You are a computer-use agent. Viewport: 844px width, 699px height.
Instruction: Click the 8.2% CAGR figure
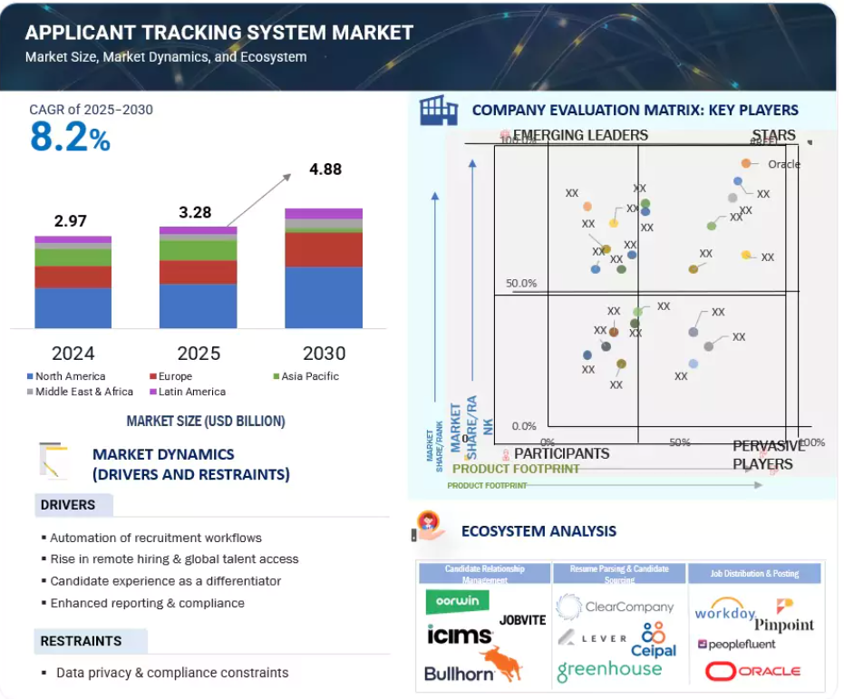pos(70,138)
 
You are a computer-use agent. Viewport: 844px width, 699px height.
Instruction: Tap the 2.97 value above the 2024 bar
pos(71,220)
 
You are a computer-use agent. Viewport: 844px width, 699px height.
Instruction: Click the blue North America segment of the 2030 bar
pos(324,297)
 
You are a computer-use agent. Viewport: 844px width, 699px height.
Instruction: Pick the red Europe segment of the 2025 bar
pos(198,272)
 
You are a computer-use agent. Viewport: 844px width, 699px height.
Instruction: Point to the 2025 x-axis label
pos(198,353)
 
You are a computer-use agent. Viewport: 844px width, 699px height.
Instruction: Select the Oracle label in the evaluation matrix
pos(783,164)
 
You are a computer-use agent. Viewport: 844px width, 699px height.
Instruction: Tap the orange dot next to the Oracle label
pos(745,163)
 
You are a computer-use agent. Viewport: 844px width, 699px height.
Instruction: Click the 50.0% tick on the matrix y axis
pos(521,284)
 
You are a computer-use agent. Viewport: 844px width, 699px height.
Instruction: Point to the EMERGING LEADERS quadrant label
pos(580,136)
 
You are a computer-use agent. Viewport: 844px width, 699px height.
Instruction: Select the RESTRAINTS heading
pos(81,641)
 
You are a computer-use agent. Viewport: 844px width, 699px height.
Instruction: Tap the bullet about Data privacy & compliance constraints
pos(171,673)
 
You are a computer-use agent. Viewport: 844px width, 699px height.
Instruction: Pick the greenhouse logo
pos(609,670)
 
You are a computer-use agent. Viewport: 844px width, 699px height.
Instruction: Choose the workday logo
pos(725,610)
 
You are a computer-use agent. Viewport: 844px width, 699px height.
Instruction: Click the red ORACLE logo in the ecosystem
pos(752,671)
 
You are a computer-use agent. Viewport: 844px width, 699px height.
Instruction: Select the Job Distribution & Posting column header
pos(755,573)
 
